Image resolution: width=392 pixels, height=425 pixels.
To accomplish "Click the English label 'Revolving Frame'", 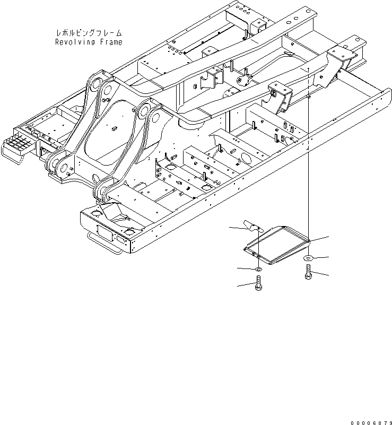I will point(88,42).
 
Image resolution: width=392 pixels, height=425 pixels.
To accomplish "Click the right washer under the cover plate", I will point(308,258).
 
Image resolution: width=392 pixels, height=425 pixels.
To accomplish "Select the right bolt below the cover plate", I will point(309,275).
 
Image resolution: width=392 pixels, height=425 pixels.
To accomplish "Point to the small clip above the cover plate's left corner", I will point(250,225).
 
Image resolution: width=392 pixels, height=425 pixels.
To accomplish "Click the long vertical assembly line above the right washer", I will point(308,159).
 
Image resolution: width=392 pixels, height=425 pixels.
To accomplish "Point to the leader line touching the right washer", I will point(320,257).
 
